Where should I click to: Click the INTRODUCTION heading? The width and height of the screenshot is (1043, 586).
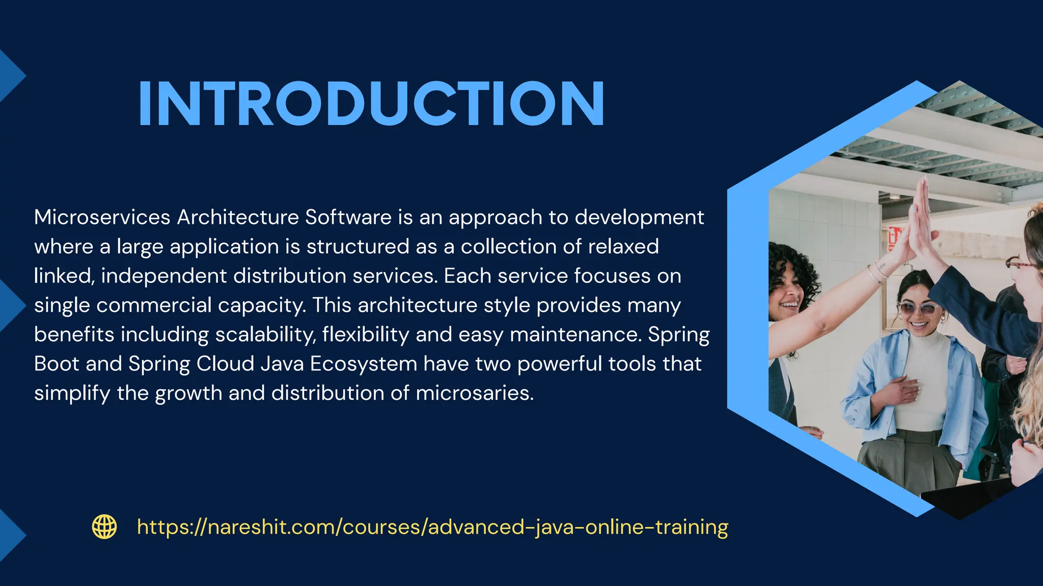point(371,104)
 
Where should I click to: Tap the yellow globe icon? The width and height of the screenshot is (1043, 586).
point(104,526)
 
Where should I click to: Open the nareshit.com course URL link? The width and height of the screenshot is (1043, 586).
point(432,527)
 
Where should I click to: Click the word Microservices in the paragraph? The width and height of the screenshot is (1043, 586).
point(102,217)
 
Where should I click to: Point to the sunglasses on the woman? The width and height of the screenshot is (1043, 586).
point(919,308)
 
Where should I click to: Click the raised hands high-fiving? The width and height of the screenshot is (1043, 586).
point(920,224)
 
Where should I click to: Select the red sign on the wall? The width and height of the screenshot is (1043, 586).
point(894,239)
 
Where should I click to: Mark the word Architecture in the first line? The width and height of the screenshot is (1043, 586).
point(238,217)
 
